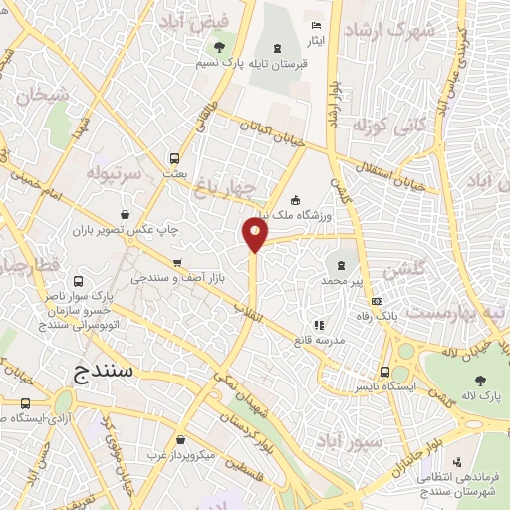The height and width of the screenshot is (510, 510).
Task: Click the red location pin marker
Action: click(x=255, y=235)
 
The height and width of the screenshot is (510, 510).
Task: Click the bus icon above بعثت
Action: click(x=175, y=157)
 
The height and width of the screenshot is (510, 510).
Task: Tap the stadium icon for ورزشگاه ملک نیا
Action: click(x=295, y=197)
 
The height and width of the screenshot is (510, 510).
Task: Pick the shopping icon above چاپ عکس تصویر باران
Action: click(x=124, y=213)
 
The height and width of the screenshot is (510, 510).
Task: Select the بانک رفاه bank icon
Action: click(x=376, y=301)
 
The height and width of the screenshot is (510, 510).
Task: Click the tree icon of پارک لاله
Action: click(x=481, y=380)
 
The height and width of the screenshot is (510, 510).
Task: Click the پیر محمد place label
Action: click(x=343, y=281)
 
